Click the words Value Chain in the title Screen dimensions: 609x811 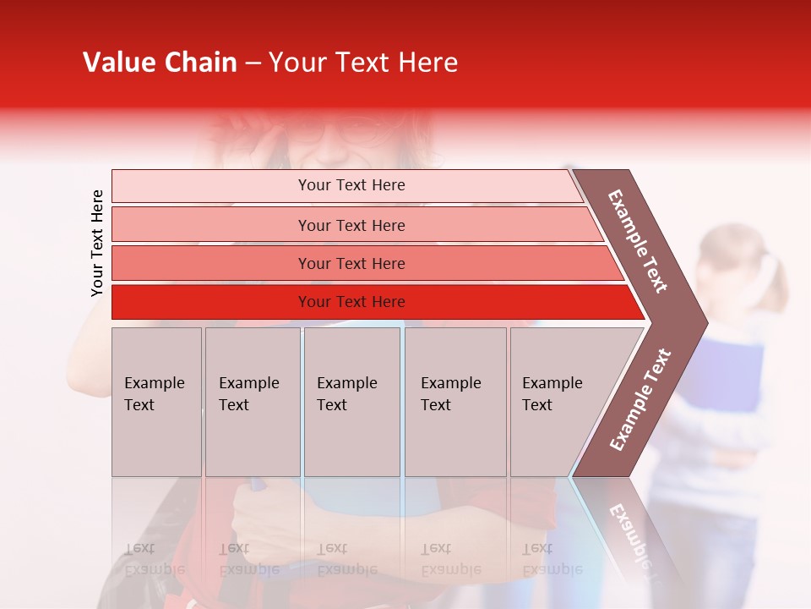[160, 63]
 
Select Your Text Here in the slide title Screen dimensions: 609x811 [363, 63]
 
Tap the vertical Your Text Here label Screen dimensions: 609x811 [97, 243]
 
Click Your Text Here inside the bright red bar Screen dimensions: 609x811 [351, 302]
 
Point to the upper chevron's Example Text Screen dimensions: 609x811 [639, 241]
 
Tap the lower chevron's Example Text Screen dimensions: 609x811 [640, 400]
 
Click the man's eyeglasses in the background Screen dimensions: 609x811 [338, 131]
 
